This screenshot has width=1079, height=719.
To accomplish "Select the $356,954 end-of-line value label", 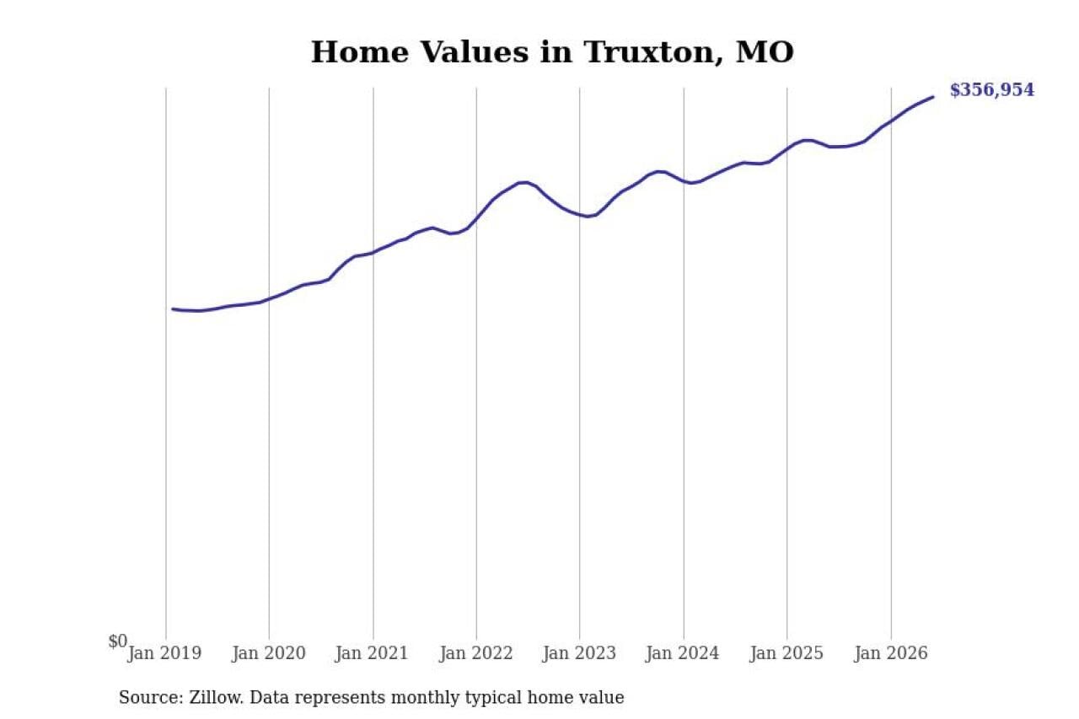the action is (x=992, y=90).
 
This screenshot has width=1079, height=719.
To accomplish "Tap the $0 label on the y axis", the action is (x=117, y=641).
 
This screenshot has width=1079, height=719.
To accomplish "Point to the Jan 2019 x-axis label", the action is (x=164, y=653).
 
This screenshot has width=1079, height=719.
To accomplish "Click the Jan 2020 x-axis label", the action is (x=269, y=653).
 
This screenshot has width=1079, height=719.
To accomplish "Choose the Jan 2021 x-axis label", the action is (x=372, y=653).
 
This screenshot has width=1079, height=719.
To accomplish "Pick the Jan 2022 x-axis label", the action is (x=476, y=653).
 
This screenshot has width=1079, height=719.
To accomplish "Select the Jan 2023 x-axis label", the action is (x=579, y=653).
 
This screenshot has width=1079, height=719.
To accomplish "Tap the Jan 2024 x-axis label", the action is (x=683, y=653).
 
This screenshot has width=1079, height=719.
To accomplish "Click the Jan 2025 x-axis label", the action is (x=786, y=653).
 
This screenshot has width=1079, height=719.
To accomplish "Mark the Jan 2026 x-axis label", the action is (x=891, y=653).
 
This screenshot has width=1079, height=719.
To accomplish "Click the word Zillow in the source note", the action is (x=217, y=697).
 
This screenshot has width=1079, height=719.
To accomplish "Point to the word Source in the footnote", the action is (x=151, y=697).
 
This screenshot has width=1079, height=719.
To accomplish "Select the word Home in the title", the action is (x=360, y=52).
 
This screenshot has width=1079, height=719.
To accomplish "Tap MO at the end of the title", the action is (x=765, y=52).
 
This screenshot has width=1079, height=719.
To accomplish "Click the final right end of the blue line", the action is (x=933, y=97).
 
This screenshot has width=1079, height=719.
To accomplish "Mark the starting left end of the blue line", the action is (x=173, y=309).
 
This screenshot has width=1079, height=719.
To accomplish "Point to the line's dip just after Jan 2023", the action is (x=588, y=217).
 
